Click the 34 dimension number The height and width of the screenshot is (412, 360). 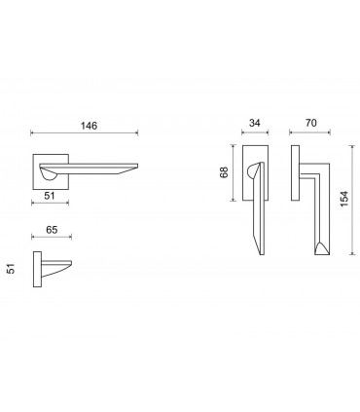(254, 124)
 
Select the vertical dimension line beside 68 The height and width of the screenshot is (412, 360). (232, 173)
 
